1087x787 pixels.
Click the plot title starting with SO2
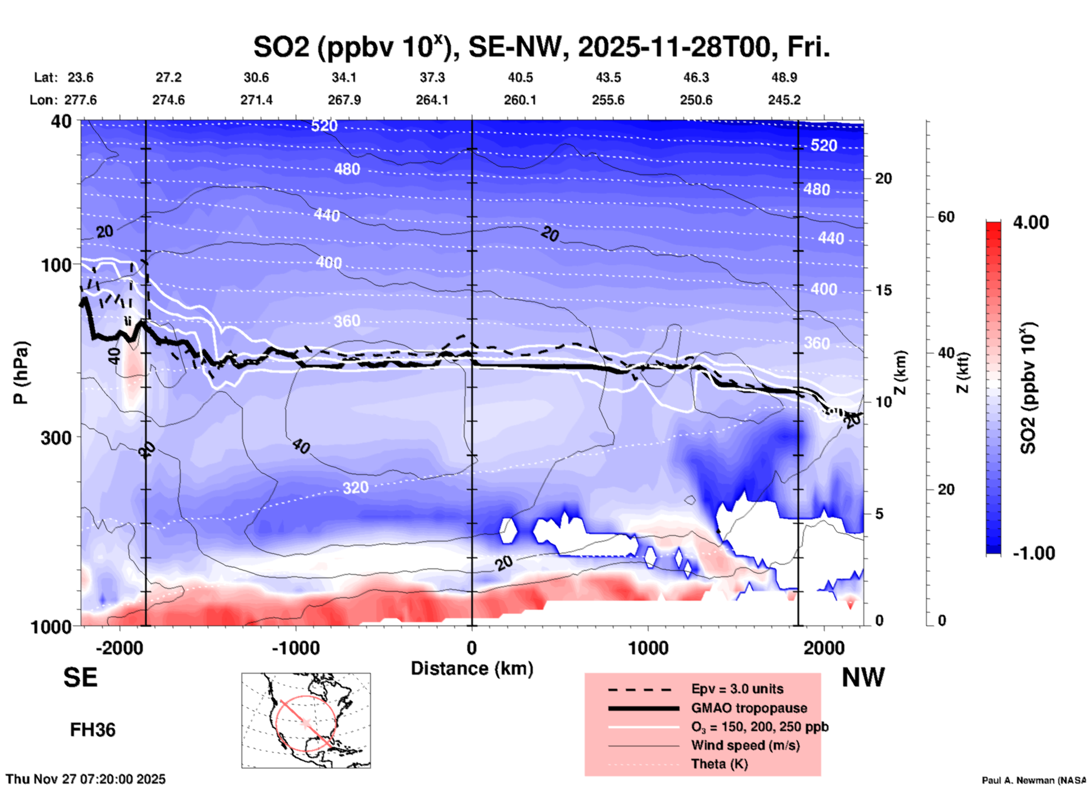point(541,47)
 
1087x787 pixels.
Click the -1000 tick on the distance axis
point(295,648)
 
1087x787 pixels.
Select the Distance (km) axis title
point(472,668)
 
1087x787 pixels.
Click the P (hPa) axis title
point(21,373)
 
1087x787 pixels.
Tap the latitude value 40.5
point(520,77)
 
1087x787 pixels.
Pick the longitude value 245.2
point(784,100)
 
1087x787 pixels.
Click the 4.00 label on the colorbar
point(1031,222)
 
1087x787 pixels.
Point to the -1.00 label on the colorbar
point(1033,553)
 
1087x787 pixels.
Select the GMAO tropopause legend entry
point(749,708)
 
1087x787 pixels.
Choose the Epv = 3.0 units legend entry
point(737,689)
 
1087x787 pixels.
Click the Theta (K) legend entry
point(719,764)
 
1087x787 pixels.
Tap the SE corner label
point(80,677)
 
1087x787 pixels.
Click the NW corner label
point(863,677)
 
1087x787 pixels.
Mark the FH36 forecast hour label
point(93,730)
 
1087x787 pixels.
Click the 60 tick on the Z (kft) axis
point(945,217)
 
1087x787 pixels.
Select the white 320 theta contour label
point(356,488)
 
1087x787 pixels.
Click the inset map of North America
point(306,720)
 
